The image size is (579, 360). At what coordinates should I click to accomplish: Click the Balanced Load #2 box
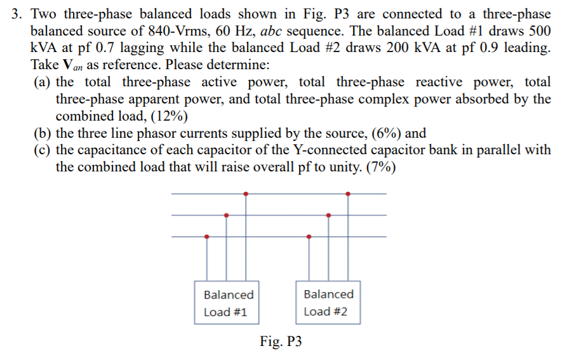[328, 303]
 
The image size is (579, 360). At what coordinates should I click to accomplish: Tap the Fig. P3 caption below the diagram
[281, 342]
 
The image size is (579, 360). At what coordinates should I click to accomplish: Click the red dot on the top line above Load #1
[246, 194]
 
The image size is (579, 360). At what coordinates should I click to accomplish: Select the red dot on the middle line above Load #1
[226, 215]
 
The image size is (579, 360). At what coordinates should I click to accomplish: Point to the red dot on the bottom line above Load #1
[206, 237]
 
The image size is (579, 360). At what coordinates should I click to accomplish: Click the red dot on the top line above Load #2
[347, 194]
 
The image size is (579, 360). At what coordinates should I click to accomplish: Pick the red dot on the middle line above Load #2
[328, 215]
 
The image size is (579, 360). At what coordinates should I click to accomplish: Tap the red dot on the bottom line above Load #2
[309, 237]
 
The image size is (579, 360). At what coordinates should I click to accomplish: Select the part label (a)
[43, 83]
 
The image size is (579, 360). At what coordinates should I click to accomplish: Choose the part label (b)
[43, 133]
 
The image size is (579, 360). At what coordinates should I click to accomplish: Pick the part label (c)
[43, 150]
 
